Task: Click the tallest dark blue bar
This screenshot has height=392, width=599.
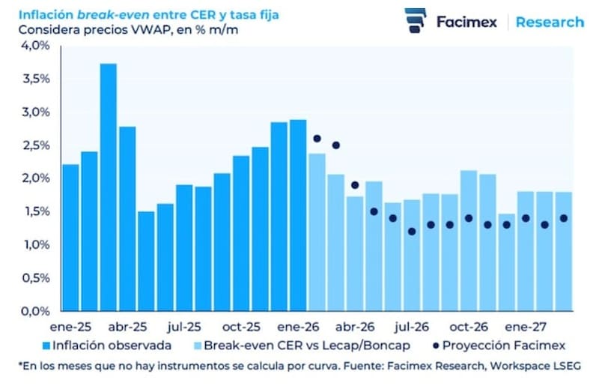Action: click(x=109, y=187)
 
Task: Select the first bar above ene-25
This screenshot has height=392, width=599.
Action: click(x=70, y=237)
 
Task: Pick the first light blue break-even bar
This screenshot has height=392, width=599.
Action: click(x=317, y=232)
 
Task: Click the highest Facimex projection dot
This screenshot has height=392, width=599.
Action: click(x=317, y=139)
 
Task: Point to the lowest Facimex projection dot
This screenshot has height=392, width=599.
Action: click(x=412, y=232)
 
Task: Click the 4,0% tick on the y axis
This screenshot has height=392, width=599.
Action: click(x=34, y=46)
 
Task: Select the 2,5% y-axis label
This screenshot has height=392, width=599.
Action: click(x=34, y=145)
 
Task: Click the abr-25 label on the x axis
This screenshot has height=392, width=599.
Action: click(x=128, y=327)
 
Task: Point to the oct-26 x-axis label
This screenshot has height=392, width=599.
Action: click(x=469, y=327)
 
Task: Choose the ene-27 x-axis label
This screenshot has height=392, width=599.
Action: click(x=526, y=327)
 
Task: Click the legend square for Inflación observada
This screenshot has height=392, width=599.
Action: click(x=46, y=346)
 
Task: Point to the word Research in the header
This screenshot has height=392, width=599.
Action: click(x=550, y=22)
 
